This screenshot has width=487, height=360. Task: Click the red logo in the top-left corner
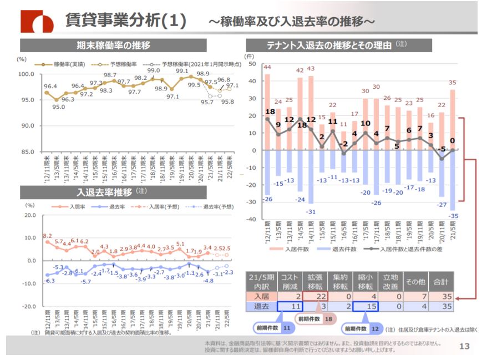(x=37, y=21)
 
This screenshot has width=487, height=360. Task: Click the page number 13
(x=465, y=347)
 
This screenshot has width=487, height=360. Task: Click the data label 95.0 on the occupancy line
(x=59, y=107)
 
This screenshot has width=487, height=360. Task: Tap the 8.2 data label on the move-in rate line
(x=47, y=236)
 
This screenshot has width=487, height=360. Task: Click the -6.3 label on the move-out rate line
(x=49, y=281)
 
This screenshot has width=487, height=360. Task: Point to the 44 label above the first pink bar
(x=267, y=68)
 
